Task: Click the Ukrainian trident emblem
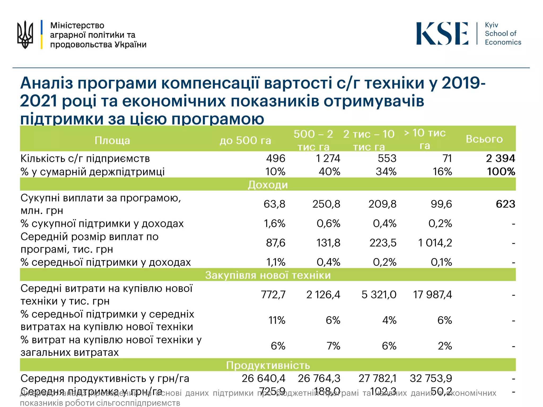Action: pyautogui.click(x=25, y=34)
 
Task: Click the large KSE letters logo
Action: pyautogui.click(x=442, y=34)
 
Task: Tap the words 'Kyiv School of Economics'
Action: pyautogui.click(x=502, y=34)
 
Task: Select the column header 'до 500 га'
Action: pyautogui.click(x=245, y=140)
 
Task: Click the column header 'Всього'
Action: pyautogui.click(x=484, y=139)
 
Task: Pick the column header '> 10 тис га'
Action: pyautogui.click(x=425, y=139)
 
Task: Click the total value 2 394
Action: pyautogui.click(x=500, y=158)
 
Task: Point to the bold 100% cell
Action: pyautogui.click(x=501, y=172)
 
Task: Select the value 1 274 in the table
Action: pyautogui.click(x=328, y=158)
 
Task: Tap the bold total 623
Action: pyautogui.click(x=505, y=204)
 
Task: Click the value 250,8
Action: pyautogui.click(x=326, y=204)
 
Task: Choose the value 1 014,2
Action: pyautogui.click(x=435, y=243)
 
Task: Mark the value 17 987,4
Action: pyautogui.click(x=432, y=295)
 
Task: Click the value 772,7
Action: pyautogui.click(x=273, y=295)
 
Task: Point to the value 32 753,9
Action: pyautogui.click(x=431, y=378)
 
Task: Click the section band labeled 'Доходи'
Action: pyautogui.click(x=268, y=185)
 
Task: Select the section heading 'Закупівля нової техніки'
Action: pyautogui.click(x=268, y=275)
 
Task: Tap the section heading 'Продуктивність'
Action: pyautogui.click(x=268, y=365)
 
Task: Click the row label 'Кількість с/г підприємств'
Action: pyautogui.click(x=85, y=158)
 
